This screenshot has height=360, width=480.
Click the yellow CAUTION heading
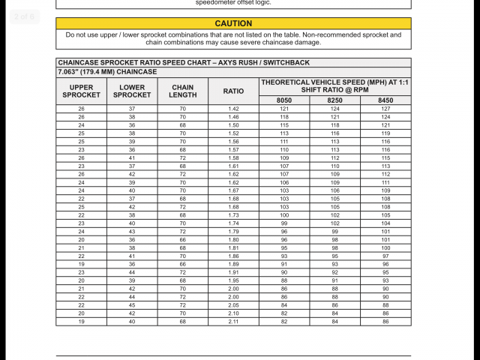click(x=233, y=23)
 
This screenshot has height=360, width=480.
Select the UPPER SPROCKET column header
click(x=81, y=91)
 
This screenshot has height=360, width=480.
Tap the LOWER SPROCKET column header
click(x=132, y=91)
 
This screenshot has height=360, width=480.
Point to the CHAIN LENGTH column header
click(x=183, y=91)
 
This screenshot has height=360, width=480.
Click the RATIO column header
click(x=233, y=91)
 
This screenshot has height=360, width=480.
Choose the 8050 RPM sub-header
click(x=284, y=100)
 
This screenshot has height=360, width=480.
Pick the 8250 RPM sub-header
click(x=334, y=100)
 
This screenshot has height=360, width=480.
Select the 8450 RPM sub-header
click(x=385, y=100)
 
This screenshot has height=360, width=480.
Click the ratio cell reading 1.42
click(x=233, y=109)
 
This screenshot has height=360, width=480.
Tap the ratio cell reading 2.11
click(x=233, y=321)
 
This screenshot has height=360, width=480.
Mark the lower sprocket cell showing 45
click(x=132, y=305)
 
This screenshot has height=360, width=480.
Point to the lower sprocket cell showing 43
click(x=132, y=232)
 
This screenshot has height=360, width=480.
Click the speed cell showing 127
click(x=385, y=109)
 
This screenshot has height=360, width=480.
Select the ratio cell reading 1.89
click(x=233, y=264)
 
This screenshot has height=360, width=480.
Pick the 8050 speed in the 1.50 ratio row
click(x=284, y=125)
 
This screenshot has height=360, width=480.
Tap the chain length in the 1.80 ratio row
click(x=183, y=240)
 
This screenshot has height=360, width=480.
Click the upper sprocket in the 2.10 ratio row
click(x=81, y=313)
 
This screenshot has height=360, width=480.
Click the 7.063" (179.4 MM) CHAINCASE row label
click(x=106, y=71)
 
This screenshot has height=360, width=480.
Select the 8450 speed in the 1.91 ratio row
click(x=385, y=272)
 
